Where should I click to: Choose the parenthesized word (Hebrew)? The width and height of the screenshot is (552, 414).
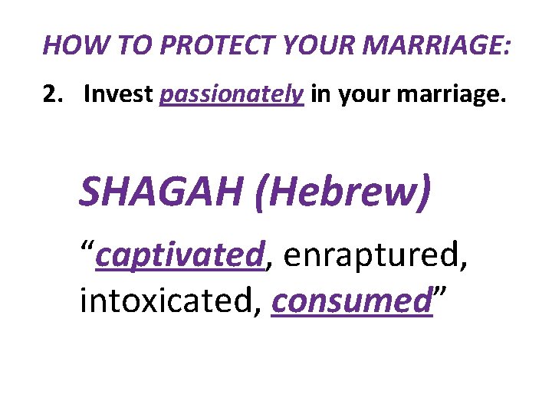[x=342, y=192]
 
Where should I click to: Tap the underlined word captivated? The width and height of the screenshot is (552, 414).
[x=179, y=254]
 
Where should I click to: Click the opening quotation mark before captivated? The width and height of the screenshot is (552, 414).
[x=87, y=247]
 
